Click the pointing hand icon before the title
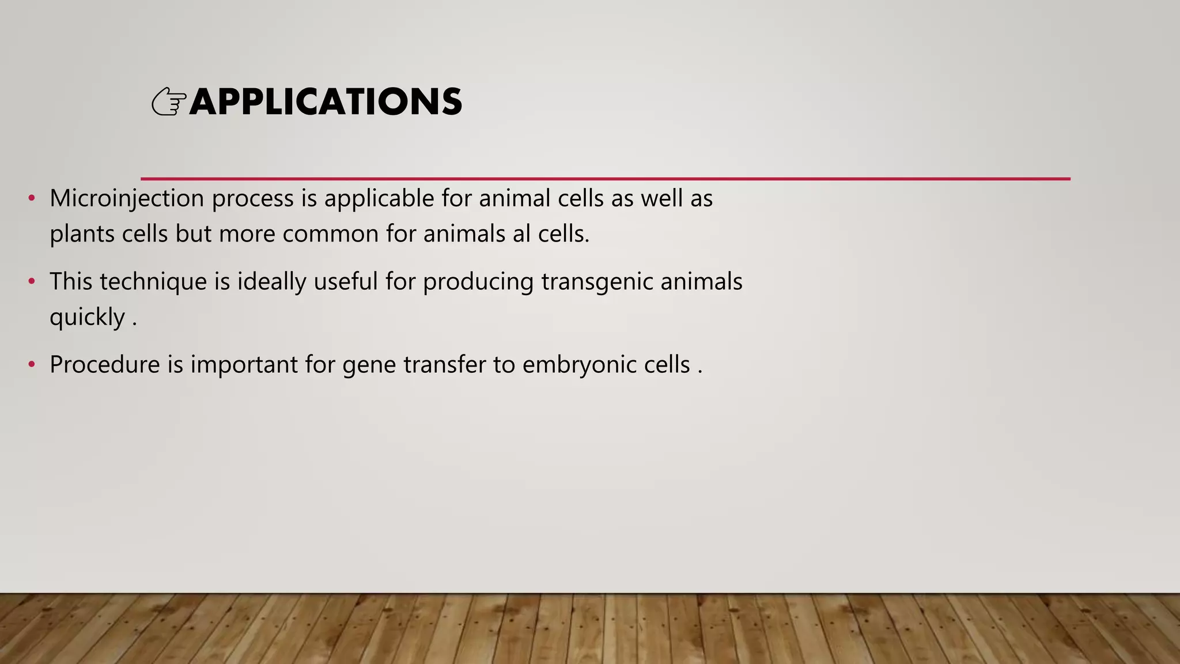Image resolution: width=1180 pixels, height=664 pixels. [169, 103]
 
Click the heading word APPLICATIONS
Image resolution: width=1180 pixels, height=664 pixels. [326, 102]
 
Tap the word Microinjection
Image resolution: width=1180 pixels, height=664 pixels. [127, 199]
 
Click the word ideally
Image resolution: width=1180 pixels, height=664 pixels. [271, 282]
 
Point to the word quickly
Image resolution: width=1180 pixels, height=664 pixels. [87, 318]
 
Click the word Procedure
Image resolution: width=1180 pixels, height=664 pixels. [104, 365]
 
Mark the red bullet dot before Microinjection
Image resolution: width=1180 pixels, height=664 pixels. [32, 199]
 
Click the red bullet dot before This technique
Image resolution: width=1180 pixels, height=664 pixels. [32, 282]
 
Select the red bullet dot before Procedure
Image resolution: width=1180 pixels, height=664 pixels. [32, 365]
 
